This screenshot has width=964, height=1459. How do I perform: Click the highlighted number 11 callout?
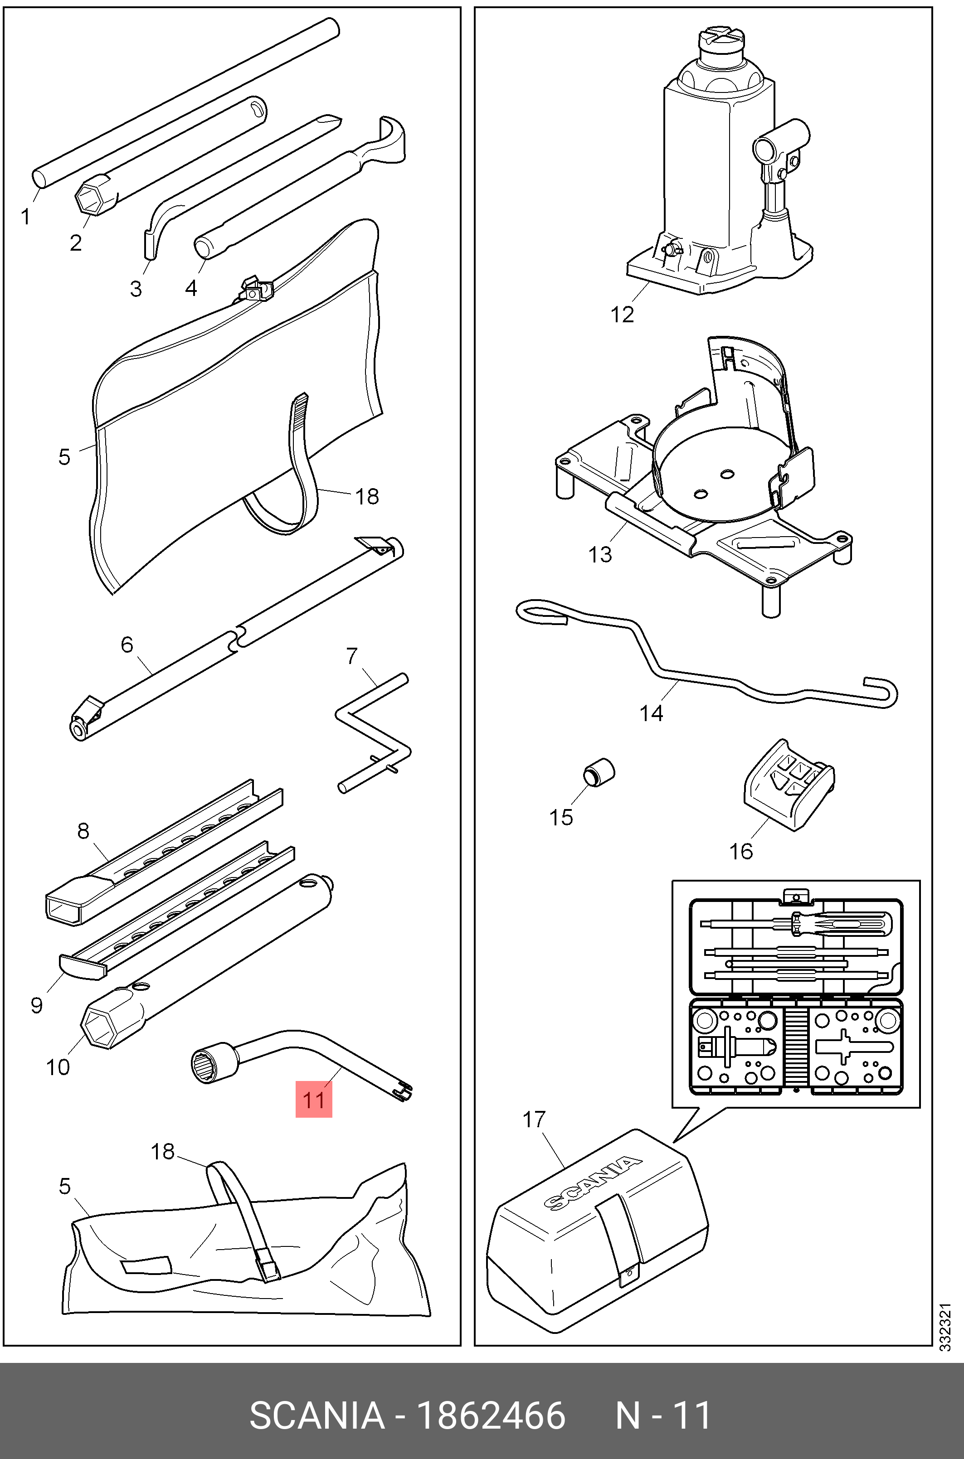(x=313, y=1100)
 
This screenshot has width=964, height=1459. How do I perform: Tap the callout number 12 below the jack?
(x=622, y=315)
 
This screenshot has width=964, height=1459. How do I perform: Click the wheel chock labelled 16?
(x=789, y=785)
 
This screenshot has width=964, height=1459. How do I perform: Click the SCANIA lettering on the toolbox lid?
(x=592, y=1183)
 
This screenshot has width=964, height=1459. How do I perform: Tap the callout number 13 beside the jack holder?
(x=600, y=554)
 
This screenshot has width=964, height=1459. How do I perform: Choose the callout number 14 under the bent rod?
(x=651, y=713)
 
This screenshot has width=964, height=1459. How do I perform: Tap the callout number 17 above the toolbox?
(x=534, y=1120)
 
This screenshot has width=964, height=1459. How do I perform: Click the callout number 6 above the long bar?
(x=127, y=644)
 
